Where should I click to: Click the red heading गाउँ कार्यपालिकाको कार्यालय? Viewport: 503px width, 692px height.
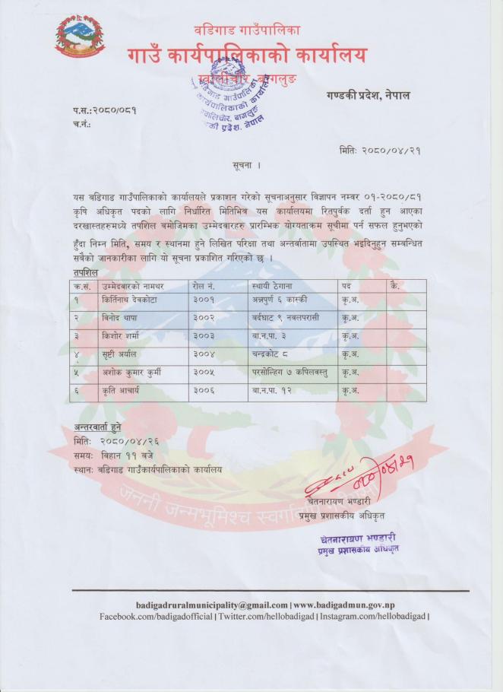point(247,55)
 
